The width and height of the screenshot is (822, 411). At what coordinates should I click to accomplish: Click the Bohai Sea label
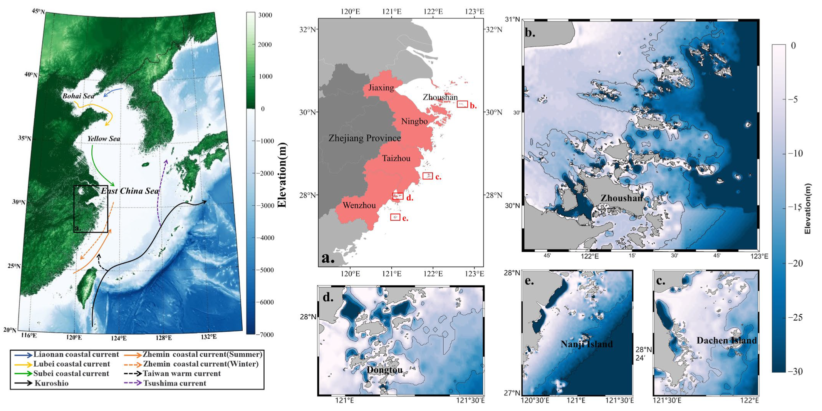point(78,96)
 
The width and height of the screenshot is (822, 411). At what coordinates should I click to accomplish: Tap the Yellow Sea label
point(103,139)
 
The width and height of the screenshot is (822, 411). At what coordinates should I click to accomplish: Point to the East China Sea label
point(129,191)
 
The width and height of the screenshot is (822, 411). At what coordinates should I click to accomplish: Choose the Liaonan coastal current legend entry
point(75,354)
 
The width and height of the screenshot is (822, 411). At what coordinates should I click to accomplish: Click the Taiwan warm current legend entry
point(181,374)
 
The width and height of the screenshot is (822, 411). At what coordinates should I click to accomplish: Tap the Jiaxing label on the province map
point(381,88)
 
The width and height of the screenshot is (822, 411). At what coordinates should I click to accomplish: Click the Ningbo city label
point(414,122)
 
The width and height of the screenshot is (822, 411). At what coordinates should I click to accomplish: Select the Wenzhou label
point(359,205)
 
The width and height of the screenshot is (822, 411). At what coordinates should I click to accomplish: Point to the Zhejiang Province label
point(364,138)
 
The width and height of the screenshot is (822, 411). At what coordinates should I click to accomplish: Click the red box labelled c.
point(428,176)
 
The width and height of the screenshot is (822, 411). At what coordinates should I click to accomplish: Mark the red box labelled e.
point(395,217)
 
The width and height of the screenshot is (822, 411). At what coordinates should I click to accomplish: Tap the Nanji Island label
point(586,344)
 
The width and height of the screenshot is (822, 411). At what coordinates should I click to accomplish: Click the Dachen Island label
point(726,341)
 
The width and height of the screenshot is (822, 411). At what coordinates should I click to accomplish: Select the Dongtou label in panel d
point(384,370)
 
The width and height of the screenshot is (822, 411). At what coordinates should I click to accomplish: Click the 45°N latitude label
point(38,11)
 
